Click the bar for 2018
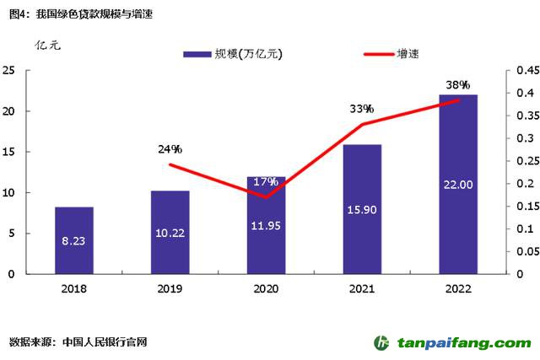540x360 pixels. (x=74, y=240)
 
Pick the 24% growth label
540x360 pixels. (x=170, y=149)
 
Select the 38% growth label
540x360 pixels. (x=458, y=85)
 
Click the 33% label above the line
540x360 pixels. (x=362, y=110)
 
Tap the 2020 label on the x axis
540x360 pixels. (x=266, y=288)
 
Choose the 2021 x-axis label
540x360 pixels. (x=362, y=288)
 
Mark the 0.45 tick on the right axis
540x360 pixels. (x=521, y=71)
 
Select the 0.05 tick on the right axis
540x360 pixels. (x=521, y=251)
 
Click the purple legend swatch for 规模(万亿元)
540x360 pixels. (x=197, y=54)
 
